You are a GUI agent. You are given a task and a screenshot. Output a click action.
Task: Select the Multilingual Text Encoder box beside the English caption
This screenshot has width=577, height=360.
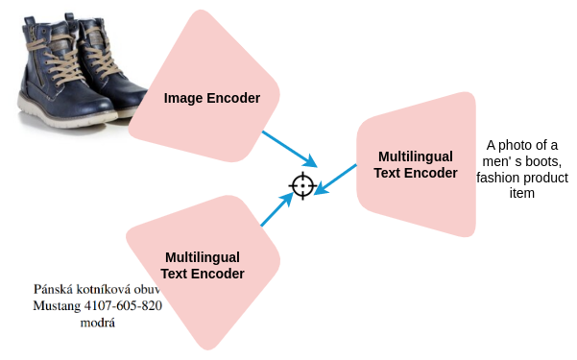[418, 164]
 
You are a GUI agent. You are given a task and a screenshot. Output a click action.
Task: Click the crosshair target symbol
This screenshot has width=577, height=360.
[302, 184]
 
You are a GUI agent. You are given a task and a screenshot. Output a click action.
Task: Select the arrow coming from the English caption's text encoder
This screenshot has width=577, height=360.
[336, 177]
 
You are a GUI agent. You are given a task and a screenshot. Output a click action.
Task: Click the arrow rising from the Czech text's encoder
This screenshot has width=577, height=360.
[276, 209]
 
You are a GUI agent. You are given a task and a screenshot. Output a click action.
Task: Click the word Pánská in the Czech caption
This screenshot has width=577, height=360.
[54, 289]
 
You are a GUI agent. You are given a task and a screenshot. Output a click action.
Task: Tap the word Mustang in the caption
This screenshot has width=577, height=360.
[60, 306]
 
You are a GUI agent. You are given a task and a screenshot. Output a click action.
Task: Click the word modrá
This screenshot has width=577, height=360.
[98, 324]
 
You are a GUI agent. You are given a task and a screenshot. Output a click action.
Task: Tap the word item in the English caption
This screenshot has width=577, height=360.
[521, 193]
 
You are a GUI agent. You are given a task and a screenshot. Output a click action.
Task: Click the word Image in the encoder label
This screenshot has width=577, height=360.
[181, 98]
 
